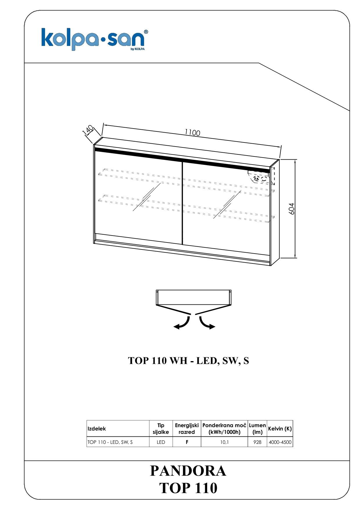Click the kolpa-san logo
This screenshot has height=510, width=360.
[x=95, y=40]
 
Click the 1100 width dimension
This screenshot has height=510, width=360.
[x=192, y=133]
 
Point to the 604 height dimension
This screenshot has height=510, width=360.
[x=292, y=209]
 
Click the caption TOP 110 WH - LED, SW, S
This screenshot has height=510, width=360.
[x=188, y=361]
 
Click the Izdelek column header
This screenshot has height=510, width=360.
[x=97, y=429]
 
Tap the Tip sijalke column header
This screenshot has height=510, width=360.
[x=161, y=429]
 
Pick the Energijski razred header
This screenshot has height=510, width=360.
[x=187, y=429]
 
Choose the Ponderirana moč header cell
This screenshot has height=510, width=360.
[x=224, y=429]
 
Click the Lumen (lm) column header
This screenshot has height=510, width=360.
[x=257, y=429]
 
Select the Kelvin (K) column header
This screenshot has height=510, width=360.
[x=280, y=429]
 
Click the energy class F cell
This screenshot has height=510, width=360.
[x=187, y=442]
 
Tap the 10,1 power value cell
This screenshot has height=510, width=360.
[x=224, y=442]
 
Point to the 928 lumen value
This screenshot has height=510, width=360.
[x=257, y=442]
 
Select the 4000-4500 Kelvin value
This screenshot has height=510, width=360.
[x=280, y=442]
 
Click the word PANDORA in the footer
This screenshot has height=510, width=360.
[x=188, y=471]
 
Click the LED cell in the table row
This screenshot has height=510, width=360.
[x=161, y=442]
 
